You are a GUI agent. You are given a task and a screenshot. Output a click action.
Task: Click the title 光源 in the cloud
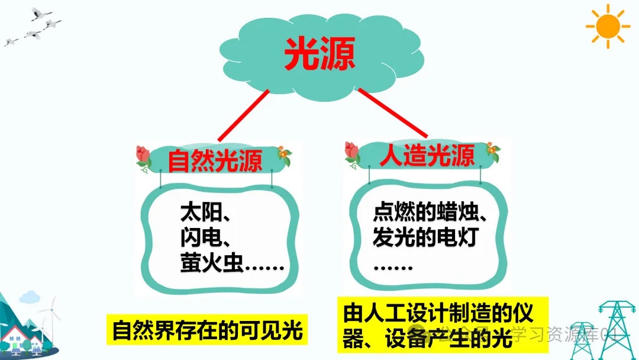point(319,54)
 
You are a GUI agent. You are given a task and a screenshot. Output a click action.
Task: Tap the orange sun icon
point(607,26)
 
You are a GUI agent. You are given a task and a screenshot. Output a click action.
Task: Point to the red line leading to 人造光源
point(393,114)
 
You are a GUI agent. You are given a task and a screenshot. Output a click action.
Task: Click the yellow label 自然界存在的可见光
point(207,331)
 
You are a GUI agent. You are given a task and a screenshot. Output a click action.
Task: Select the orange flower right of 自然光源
point(286,156)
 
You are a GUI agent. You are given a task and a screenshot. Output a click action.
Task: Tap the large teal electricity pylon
point(615,329)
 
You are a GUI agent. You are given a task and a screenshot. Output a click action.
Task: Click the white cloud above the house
point(30,297)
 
